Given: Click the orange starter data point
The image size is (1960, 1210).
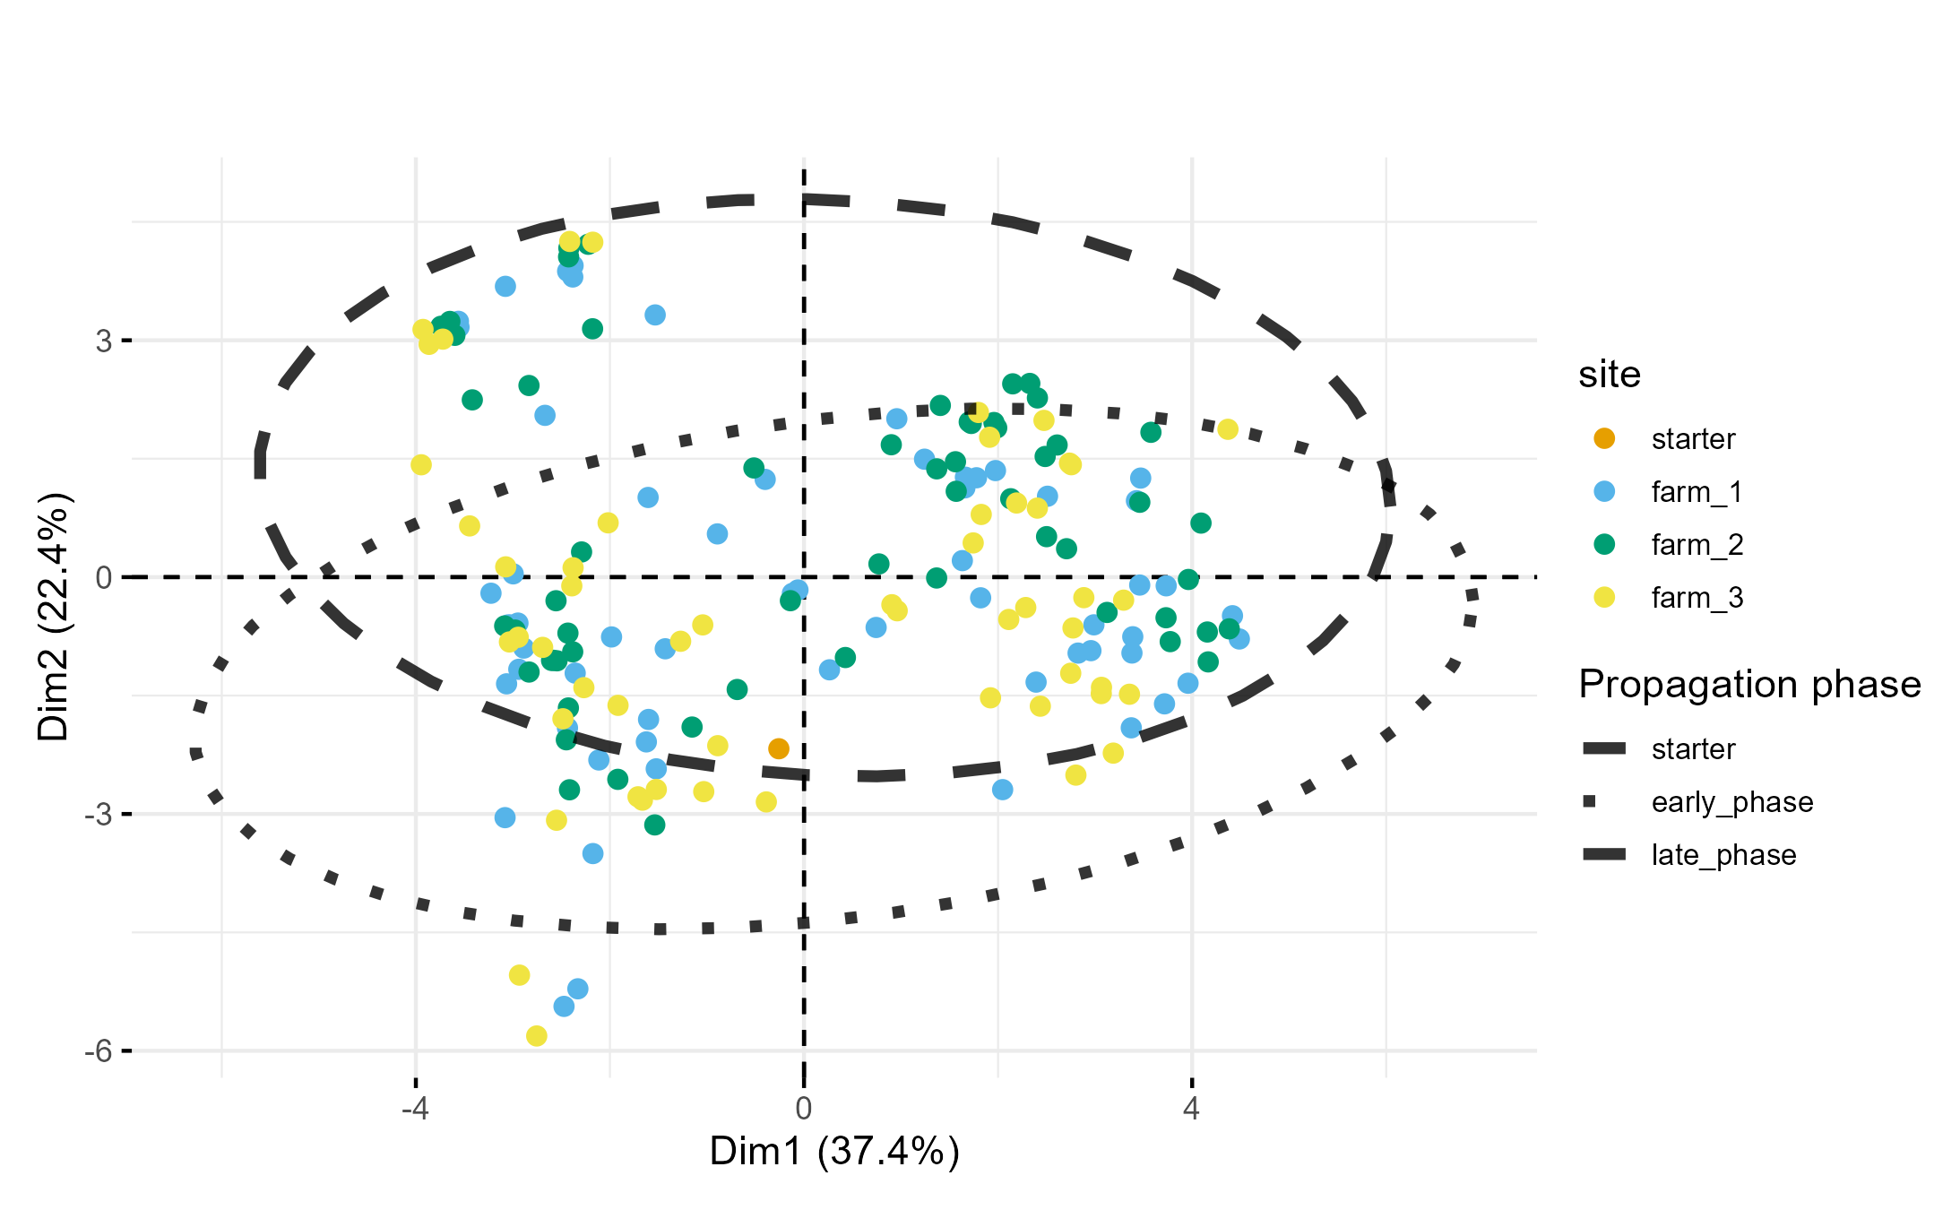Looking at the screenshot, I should pyautogui.click(x=779, y=748).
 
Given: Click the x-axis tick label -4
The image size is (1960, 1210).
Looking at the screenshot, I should pyautogui.click(x=414, y=1109).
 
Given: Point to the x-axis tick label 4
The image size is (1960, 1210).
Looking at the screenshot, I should pyautogui.click(x=1191, y=1109).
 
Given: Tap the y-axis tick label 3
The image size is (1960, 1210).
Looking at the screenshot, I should pyautogui.click(x=104, y=341).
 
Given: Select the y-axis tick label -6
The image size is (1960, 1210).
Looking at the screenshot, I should pyautogui.click(x=99, y=1050).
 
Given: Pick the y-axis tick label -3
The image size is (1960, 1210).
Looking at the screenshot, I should pyautogui.click(x=99, y=815).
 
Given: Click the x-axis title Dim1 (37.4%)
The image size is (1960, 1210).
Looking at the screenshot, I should pyautogui.click(x=834, y=1152).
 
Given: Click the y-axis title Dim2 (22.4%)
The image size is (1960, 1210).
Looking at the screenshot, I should pyautogui.click(x=54, y=617).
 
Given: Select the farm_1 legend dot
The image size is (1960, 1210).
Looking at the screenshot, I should pyautogui.click(x=1604, y=492).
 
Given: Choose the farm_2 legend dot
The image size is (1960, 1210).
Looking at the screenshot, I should pyautogui.click(x=1604, y=545).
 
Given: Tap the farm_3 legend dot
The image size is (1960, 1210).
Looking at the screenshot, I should pyautogui.click(x=1604, y=598).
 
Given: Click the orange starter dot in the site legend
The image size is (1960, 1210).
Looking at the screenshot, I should pyautogui.click(x=1604, y=439).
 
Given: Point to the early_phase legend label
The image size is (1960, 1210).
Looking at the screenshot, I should pyautogui.click(x=1731, y=802).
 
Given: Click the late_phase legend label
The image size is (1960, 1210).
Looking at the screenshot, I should pyautogui.click(x=1723, y=855).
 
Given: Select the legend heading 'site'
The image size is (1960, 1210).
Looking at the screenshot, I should pyautogui.click(x=1610, y=375).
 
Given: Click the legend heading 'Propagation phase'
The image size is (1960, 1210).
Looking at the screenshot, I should pyautogui.click(x=1749, y=685).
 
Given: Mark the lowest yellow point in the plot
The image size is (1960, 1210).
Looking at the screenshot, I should pyautogui.click(x=537, y=1036).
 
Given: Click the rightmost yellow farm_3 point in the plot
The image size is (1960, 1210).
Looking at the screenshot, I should pyautogui.click(x=1228, y=429).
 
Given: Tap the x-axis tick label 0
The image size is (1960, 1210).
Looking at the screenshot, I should pyautogui.click(x=803, y=1109).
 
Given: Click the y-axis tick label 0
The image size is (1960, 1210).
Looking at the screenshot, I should pyautogui.click(x=104, y=578).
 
